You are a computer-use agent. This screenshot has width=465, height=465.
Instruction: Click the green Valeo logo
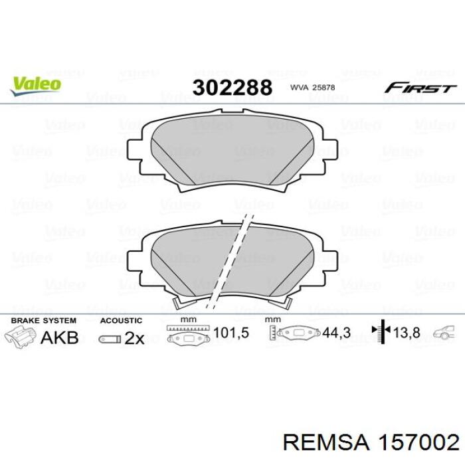coord(36,86)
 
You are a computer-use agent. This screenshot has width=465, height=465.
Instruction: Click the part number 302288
coord(232,88)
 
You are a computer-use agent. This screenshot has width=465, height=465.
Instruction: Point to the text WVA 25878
coord(312,88)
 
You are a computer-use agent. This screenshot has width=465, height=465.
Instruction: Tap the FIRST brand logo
coord(420,88)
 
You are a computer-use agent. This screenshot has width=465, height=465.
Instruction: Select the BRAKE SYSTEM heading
coord(44,321)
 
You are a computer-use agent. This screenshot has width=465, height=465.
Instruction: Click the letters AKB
coord(60,337)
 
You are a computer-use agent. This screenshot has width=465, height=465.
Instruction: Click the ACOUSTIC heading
coord(121,321)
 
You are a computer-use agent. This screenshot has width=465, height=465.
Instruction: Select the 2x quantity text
coord(134,338)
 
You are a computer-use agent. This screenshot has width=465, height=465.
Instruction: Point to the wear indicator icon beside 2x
coord(110,339)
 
